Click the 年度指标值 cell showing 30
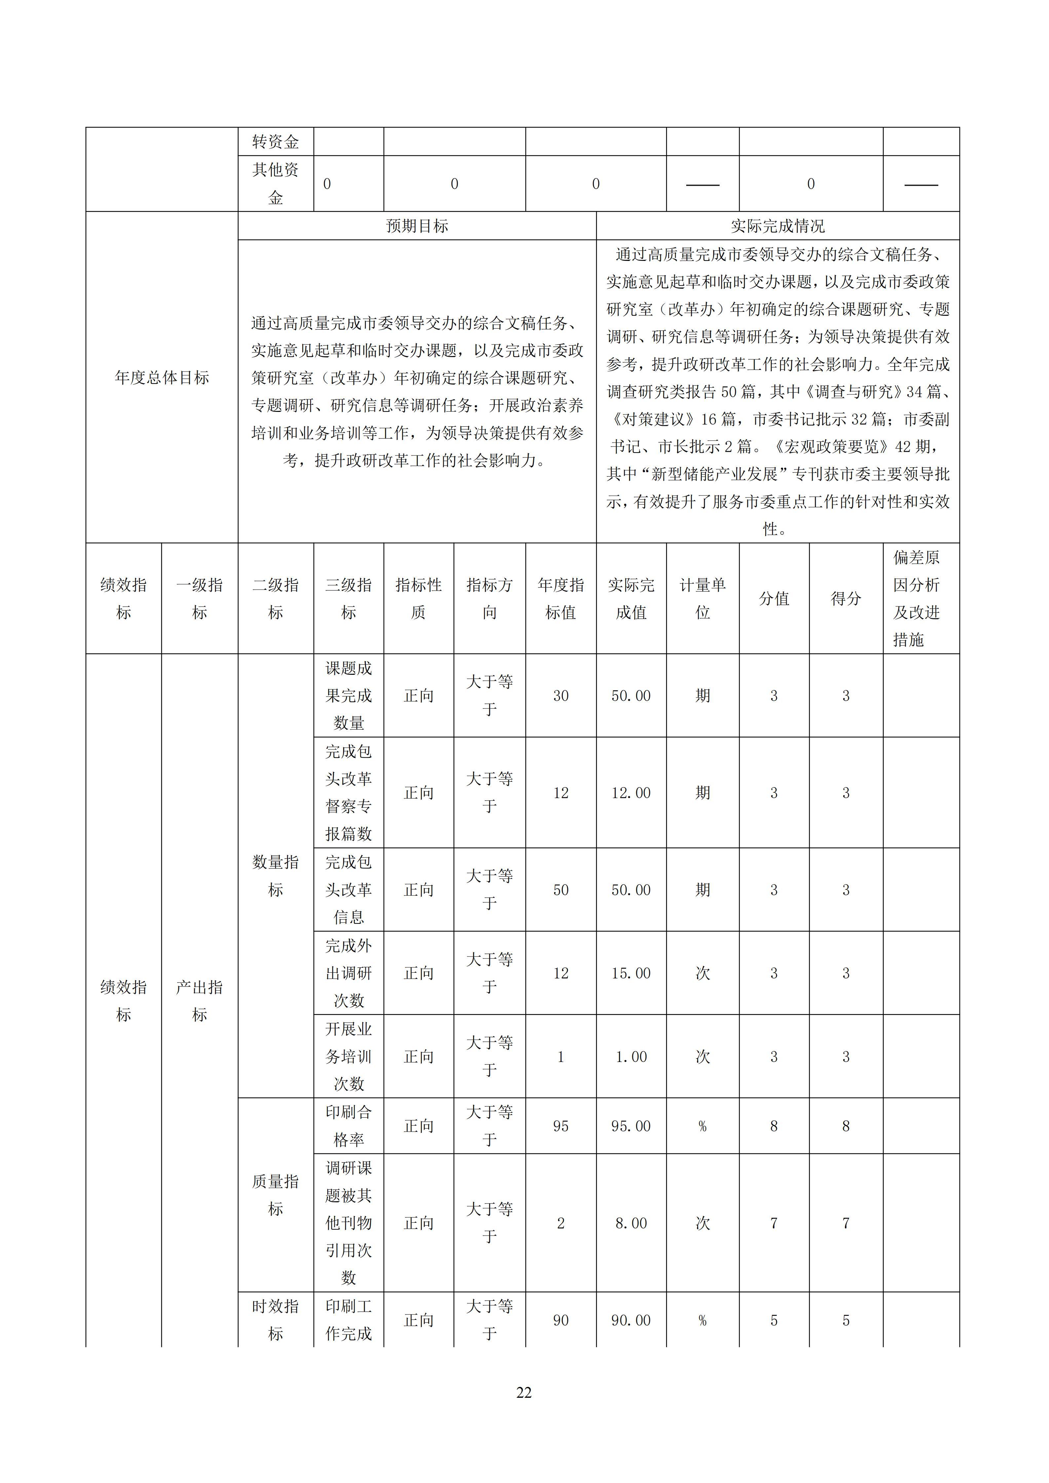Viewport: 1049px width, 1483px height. click(561, 696)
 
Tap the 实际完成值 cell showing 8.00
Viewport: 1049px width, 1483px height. click(631, 1223)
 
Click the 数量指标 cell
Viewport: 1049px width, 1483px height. click(276, 876)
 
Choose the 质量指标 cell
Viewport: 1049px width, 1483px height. click(276, 1195)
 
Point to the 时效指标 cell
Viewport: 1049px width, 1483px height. click(276, 1320)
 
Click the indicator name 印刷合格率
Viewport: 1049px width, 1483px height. click(349, 1126)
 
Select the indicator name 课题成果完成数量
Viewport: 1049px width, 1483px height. click(349, 696)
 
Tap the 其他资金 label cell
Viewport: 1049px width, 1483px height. click(276, 183)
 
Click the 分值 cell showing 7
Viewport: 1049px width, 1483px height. click(774, 1223)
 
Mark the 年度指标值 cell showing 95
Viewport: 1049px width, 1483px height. click(561, 1126)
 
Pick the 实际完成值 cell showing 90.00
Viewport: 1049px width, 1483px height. click(631, 1320)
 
